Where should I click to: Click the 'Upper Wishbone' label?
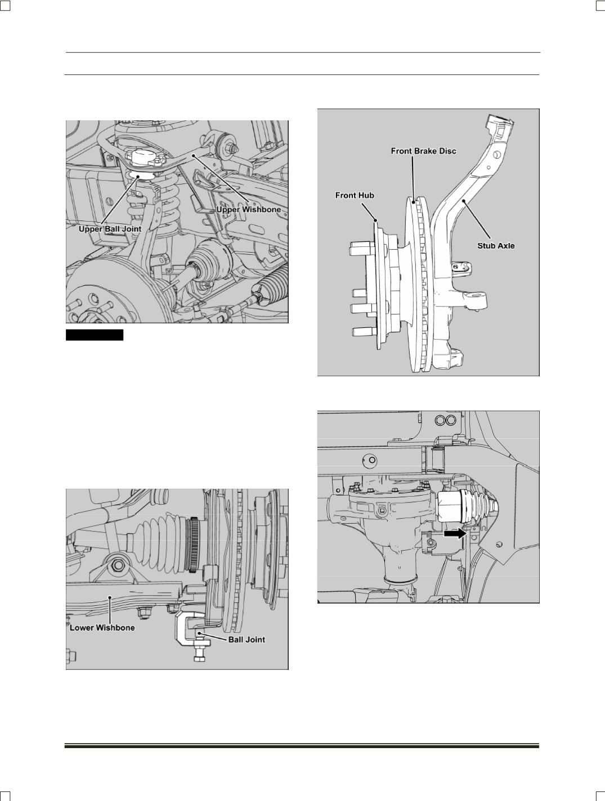click(249, 210)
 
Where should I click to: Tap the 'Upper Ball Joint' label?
click(110, 229)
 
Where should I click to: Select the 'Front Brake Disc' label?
click(424, 151)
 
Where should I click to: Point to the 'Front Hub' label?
click(355, 196)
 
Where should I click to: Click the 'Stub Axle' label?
click(496, 246)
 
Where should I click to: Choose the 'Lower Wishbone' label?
click(102, 628)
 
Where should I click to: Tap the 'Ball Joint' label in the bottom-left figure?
click(247, 640)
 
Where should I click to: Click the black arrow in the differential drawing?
click(455, 533)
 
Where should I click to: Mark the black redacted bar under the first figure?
click(95, 335)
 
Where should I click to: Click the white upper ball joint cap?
click(143, 157)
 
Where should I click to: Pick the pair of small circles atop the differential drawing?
click(445, 420)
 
